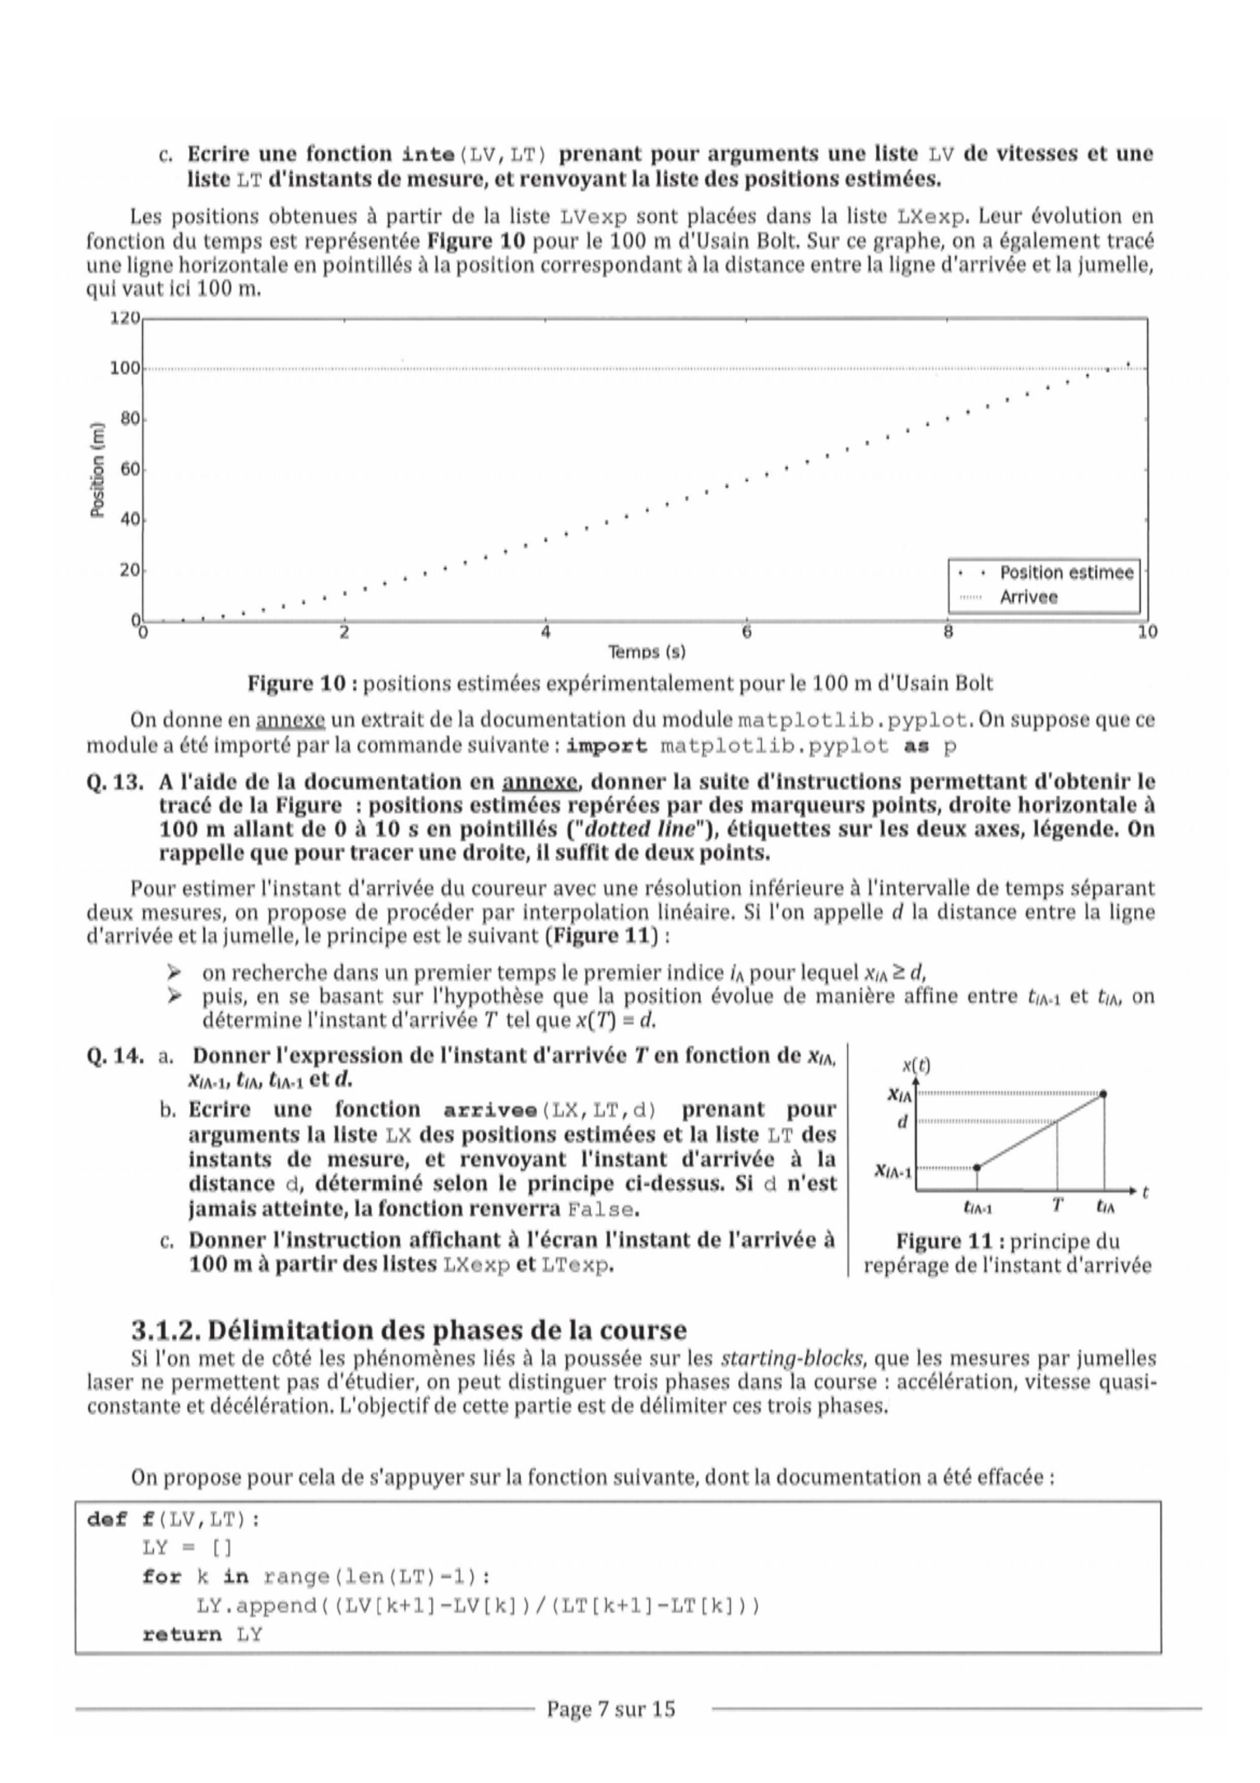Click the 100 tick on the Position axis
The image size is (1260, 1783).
125,368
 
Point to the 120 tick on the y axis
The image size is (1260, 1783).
125,318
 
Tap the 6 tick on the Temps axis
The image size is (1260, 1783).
746,633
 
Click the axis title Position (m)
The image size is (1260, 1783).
97,470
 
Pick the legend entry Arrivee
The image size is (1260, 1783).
1028,597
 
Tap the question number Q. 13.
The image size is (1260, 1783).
114,781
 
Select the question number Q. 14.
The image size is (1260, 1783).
114,1056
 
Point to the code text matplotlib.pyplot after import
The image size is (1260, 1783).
774,747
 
